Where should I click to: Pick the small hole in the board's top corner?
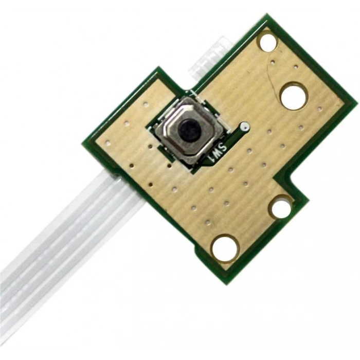pos(268,42)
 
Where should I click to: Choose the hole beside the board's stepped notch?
pos(281,208)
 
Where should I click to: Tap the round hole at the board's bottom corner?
pos(225,248)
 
